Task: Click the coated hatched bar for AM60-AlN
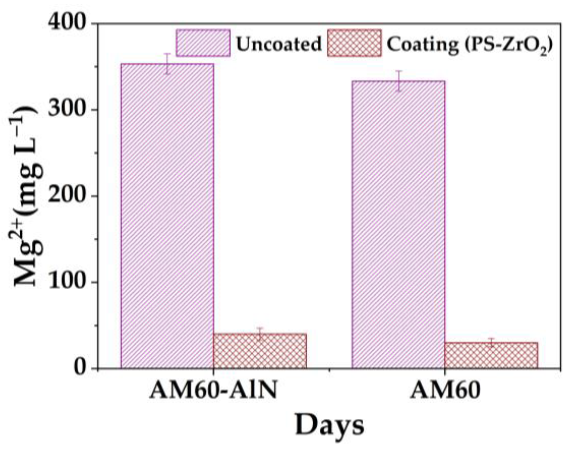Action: [x=260, y=351]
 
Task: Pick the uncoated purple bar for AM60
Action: [x=398, y=224]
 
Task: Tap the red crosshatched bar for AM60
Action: [x=491, y=355]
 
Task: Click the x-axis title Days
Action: [x=329, y=425]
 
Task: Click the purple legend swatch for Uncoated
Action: [x=203, y=43]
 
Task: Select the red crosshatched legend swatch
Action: [x=354, y=43]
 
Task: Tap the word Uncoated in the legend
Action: [x=278, y=44]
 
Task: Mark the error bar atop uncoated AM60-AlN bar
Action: [x=167, y=63]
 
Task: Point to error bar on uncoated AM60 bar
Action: [x=399, y=81]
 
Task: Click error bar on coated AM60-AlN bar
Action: [x=260, y=333]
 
